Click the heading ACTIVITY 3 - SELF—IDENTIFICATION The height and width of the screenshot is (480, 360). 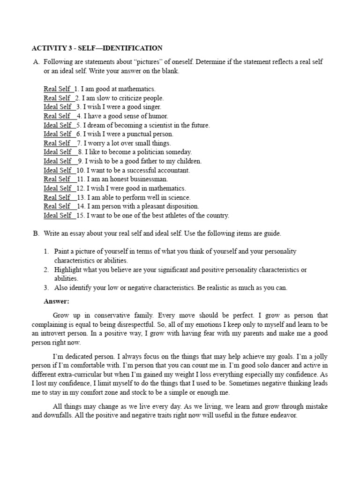click(x=97, y=48)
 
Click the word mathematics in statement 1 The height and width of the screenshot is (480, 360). click(x=138, y=89)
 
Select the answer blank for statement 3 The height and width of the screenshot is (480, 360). click(x=58, y=107)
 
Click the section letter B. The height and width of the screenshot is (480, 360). click(x=36, y=233)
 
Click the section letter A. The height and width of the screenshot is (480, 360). click(x=36, y=62)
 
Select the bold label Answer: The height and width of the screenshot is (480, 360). click(x=56, y=301)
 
